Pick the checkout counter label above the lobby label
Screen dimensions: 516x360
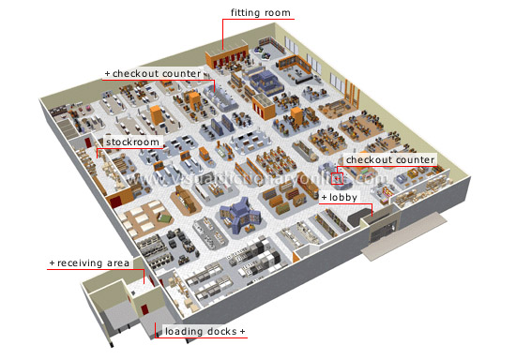click(x=389, y=159)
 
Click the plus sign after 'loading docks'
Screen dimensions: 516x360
click(x=243, y=332)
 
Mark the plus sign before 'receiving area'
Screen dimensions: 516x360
click(x=52, y=263)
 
